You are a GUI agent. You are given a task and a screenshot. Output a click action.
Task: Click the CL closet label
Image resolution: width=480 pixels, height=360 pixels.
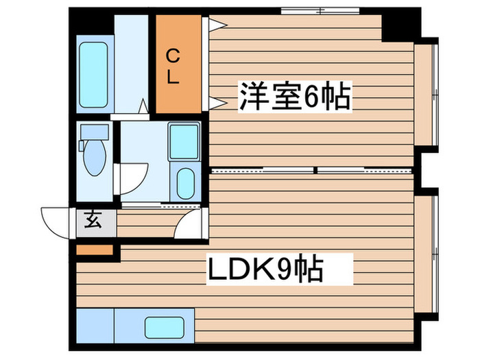[173, 64]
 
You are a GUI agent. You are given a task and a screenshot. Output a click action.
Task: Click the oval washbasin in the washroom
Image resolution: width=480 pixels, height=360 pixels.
[184, 182]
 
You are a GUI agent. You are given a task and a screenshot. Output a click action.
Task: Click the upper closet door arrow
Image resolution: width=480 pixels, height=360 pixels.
[217, 25]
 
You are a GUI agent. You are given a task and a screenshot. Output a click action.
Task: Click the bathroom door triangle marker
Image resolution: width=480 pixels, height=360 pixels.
[143, 106]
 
